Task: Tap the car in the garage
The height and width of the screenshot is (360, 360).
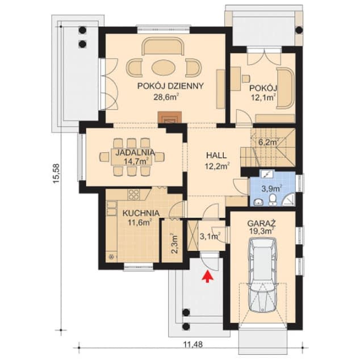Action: pos(262,276)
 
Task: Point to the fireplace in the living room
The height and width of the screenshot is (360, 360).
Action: pos(169,118)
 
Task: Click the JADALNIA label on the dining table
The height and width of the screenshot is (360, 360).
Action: pos(132,153)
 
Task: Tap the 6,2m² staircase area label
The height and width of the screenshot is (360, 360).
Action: pos(268,143)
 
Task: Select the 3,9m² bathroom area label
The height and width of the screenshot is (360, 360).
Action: pos(270,188)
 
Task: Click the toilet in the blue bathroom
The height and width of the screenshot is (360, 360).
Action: pos(273,198)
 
